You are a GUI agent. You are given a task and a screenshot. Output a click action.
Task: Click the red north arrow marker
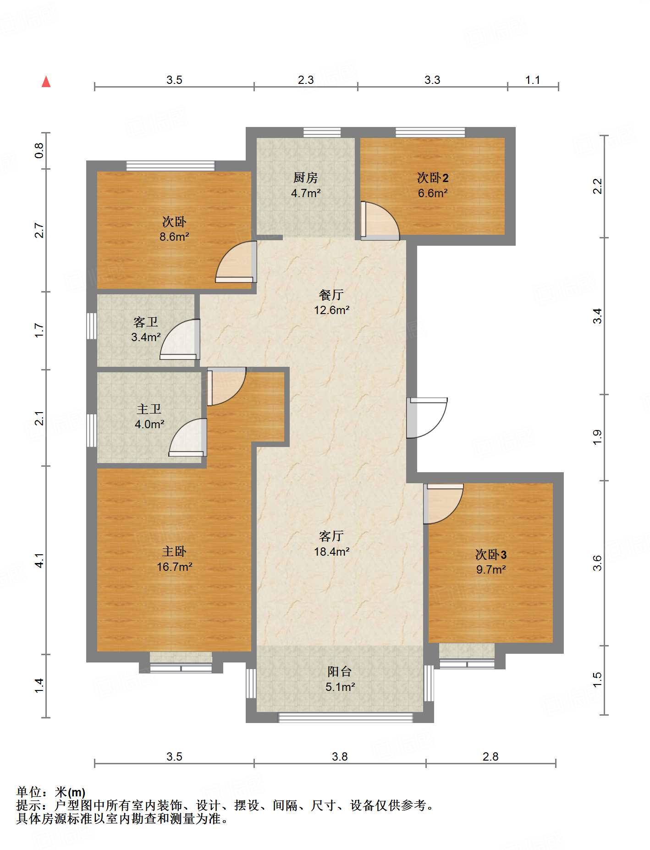point(46,82)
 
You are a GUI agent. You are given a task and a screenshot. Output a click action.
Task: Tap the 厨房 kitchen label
point(306,178)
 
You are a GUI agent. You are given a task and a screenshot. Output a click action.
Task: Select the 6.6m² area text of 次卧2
point(433,193)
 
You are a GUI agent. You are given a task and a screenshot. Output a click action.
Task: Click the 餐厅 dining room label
point(331,295)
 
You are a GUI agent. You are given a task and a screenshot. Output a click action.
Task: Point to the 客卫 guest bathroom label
point(146,322)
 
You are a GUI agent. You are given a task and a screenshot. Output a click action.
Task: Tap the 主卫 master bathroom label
point(149,409)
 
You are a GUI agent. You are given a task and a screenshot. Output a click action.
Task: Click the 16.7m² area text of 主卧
point(175,567)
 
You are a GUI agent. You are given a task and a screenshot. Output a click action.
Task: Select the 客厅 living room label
point(331,536)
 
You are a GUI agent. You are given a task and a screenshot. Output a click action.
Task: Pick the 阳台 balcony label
point(340,672)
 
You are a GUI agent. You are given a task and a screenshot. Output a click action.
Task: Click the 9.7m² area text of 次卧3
point(491,570)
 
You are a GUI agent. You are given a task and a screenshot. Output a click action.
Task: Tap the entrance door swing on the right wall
point(427,418)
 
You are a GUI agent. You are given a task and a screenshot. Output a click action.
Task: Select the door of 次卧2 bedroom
point(380,221)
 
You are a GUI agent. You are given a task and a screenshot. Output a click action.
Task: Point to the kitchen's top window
point(322,132)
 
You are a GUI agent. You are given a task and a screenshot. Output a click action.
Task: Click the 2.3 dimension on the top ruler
point(306,80)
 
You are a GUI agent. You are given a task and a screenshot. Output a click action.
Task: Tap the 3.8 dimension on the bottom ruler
point(340,757)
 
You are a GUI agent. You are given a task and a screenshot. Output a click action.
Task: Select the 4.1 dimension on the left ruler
point(39,560)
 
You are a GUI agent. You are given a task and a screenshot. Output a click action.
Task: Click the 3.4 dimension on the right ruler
point(597,316)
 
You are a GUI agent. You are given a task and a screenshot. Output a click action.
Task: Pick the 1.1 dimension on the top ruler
point(533,80)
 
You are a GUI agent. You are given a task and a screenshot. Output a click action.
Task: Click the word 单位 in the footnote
point(29,792)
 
